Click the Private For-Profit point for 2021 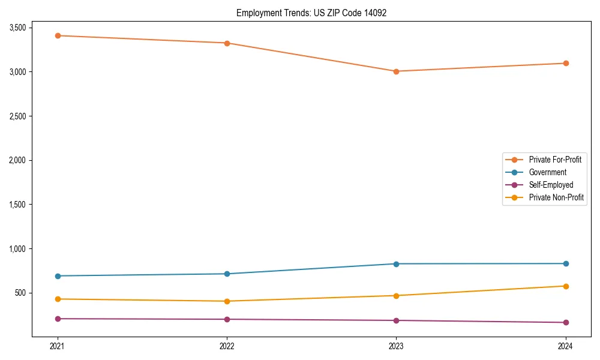click(58, 35)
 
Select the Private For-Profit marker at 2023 click(396, 71)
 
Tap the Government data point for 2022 click(227, 274)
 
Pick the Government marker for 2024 click(565, 263)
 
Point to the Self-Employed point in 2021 click(58, 319)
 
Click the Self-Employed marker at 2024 click(565, 322)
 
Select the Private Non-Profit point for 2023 click(396, 295)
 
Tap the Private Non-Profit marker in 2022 click(227, 301)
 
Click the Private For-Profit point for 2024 click(565, 63)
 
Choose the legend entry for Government click(547, 172)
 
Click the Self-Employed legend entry click(551, 185)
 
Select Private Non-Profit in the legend click(556, 197)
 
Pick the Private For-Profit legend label click(555, 160)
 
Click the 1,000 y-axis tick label click(17, 249)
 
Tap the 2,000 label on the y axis click(17, 160)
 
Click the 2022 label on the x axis click(227, 346)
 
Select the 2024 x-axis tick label click(565, 346)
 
